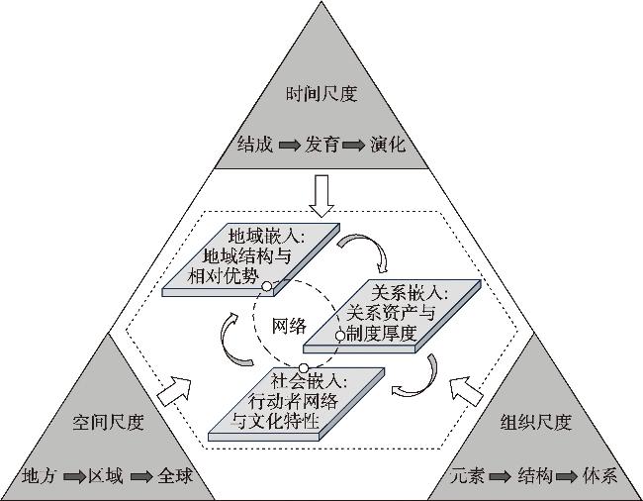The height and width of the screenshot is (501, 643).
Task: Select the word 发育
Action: pyautogui.click(x=322, y=145)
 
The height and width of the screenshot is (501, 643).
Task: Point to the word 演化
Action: pyautogui.click(x=387, y=145)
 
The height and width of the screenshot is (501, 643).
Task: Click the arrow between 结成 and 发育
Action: pyautogui.click(x=289, y=146)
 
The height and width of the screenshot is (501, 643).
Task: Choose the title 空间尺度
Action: pyautogui.click(x=109, y=424)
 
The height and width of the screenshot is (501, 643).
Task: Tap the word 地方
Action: pyautogui.click(x=41, y=476)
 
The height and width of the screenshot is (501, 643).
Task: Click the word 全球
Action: pyautogui.click(x=174, y=476)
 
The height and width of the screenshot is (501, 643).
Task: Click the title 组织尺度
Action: pyautogui.click(x=536, y=424)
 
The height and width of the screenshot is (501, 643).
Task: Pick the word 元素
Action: pyautogui.click(x=469, y=476)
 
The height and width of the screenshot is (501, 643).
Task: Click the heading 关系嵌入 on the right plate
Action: pyautogui.click(x=408, y=294)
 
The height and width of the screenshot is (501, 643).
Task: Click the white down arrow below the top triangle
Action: pyautogui.click(x=322, y=195)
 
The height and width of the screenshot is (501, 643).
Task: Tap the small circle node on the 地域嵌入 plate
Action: pyautogui.click(x=266, y=287)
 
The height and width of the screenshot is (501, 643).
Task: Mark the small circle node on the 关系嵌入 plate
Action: pyautogui.click(x=340, y=336)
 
